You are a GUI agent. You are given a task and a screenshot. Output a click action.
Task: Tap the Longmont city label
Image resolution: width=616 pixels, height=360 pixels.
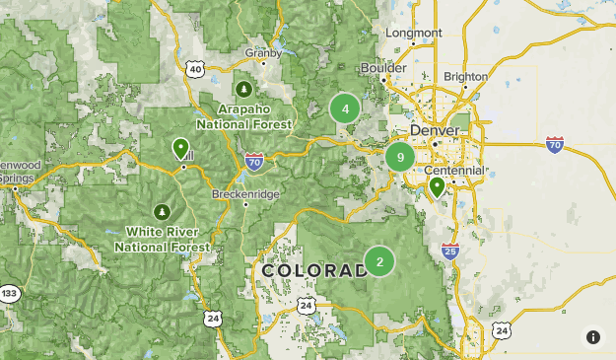pos(413,33)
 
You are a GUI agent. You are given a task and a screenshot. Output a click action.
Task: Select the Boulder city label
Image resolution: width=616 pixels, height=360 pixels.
pos(382,67)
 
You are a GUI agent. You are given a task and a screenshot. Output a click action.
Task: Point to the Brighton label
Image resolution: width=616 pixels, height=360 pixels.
pos(466,76)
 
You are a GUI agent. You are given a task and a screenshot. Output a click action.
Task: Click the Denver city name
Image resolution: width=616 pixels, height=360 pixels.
pos(435,130)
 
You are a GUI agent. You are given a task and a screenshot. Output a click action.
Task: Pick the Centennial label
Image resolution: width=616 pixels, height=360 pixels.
pos(454,170)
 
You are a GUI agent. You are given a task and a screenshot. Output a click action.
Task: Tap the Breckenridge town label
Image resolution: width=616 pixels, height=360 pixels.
pos(245,194)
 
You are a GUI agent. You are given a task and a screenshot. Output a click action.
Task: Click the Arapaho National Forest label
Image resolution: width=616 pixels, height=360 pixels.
pos(243,118)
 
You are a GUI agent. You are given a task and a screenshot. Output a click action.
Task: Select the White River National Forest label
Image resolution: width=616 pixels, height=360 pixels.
pos(162,239)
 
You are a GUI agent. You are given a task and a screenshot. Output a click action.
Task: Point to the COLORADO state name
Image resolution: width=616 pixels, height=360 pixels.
pos(313,270)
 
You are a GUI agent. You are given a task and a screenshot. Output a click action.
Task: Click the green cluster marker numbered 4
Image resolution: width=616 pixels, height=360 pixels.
pos(345,108)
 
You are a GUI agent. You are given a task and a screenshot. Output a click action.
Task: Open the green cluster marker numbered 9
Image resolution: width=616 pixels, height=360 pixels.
pos(400,156)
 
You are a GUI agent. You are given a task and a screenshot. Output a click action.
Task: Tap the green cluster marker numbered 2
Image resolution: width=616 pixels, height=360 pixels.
pos(379,261)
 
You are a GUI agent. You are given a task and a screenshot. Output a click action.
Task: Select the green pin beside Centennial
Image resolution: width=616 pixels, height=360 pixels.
pos(437,185)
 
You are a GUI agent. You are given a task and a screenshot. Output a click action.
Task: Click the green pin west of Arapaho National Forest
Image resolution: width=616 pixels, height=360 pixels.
pos(180,148)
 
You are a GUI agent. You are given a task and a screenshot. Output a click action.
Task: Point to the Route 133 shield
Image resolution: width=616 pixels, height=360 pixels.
pos(10,294)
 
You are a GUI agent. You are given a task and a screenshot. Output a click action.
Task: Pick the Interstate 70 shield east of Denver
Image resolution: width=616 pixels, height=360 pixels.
pos(555,145)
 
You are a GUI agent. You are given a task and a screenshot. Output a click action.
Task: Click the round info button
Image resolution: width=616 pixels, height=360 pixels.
pos(593,337)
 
